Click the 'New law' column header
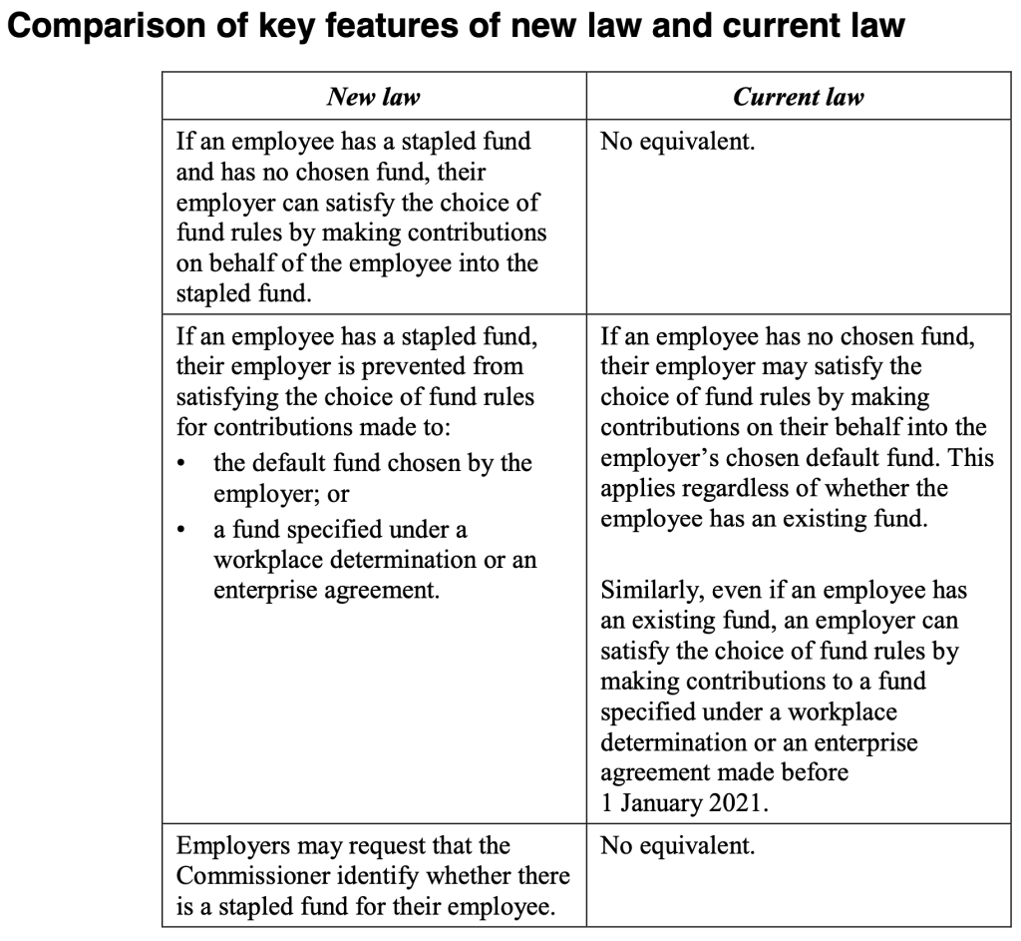pyautogui.click(x=374, y=97)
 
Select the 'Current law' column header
pyautogui.click(x=798, y=97)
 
